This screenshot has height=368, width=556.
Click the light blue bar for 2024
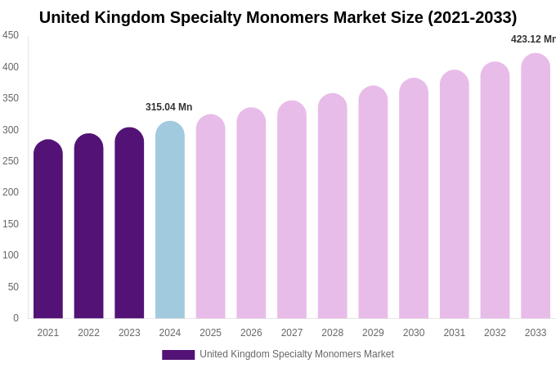[170, 221]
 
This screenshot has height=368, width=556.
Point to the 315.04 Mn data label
[168, 107]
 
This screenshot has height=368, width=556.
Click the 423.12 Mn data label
[532, 39]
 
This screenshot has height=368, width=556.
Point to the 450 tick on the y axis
[11, 35]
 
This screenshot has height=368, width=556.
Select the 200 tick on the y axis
[11, 192]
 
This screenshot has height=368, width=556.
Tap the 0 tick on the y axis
[16, 318]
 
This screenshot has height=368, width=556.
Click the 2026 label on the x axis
[251, 333]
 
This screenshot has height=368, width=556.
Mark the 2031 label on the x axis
[455, 333]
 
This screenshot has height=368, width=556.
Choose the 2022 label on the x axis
[88, 333]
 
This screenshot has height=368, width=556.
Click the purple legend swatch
[178, 355]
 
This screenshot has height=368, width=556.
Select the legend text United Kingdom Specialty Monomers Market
[297, 354]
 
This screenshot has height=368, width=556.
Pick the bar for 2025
[211, 217]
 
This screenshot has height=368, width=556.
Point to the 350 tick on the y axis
[11, 98]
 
